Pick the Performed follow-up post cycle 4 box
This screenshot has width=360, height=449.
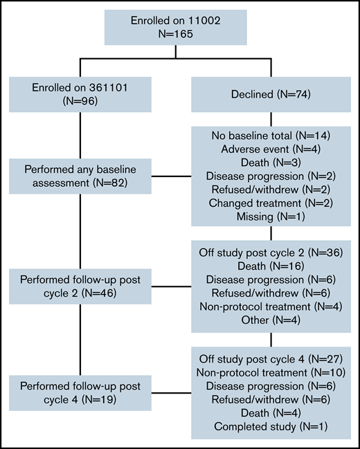[80, 393]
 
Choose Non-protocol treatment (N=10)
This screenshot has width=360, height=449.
[270, 374]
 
